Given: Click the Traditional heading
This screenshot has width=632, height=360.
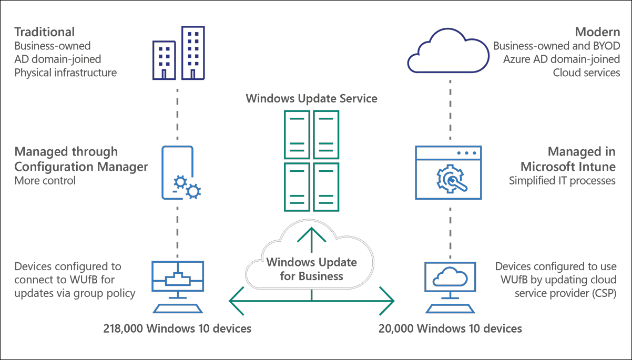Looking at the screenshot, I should click(x=44, y=32).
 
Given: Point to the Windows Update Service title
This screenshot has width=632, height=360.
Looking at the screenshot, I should click(x=311, y=98).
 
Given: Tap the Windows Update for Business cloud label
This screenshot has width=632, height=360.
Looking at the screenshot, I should click(x=311, y=269).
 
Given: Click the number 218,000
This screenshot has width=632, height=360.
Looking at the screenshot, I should click(x=123, y=329).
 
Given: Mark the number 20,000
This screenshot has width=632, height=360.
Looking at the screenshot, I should click(x=395, y=329).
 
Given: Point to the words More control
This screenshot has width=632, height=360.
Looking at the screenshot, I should click(x=45, y=181).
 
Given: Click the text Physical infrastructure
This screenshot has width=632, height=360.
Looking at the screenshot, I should click(x=65, y=73).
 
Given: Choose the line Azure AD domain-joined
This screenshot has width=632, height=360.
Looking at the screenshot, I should click(x=562, y=59).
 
